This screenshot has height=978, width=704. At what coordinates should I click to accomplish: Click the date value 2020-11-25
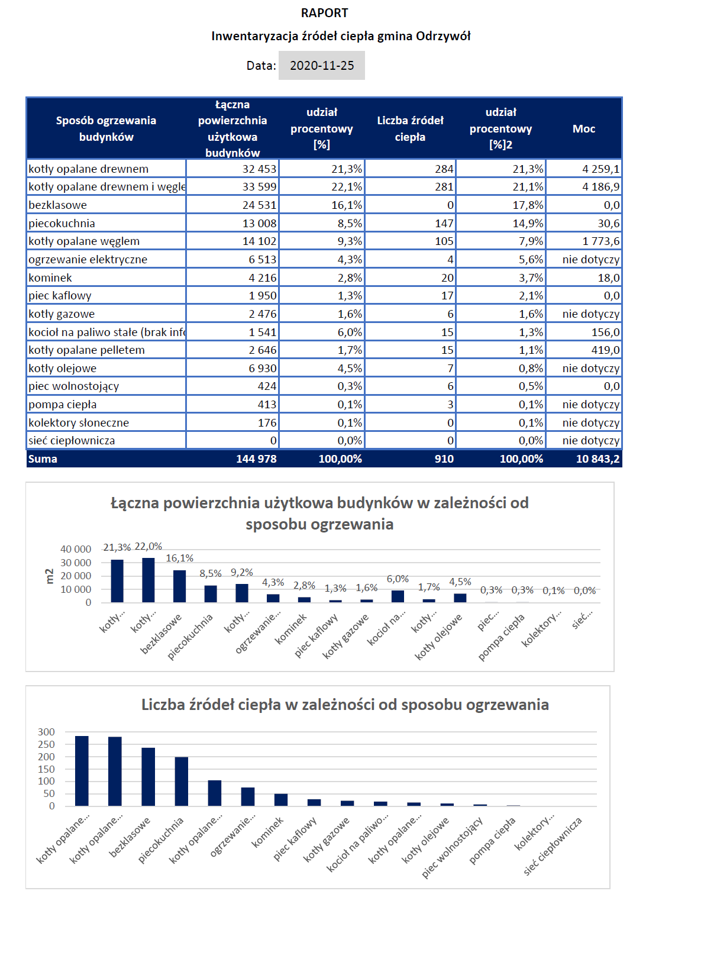[x=322, y=66]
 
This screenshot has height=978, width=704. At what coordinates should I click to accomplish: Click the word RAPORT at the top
[x=324, y=13]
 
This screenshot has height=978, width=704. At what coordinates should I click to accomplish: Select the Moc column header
[x=583, y=128]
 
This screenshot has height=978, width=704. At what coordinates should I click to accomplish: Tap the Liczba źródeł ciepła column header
[x=410, y=128]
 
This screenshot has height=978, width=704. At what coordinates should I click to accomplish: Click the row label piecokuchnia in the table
[x=62, y=223]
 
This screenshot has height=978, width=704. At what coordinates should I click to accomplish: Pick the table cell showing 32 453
[x=259, y=169]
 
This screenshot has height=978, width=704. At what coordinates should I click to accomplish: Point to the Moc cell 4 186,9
[x=600, y=187]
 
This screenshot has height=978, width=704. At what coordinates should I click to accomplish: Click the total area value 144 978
[x=256, y=459]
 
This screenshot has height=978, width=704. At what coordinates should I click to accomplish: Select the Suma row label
[x=43, y=459]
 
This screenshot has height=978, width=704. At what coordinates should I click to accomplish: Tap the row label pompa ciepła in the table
[x=62, y=405]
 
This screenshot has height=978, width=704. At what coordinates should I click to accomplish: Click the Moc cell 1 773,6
[x=600, y=241]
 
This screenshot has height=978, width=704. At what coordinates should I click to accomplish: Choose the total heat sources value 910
[x=444, y=459]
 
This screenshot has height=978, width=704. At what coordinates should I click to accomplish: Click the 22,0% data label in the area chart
[x=148, y=546]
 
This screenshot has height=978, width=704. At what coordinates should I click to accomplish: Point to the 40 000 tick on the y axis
[x=76, y=549]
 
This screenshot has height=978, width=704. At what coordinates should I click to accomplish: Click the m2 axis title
[x=49, y=576]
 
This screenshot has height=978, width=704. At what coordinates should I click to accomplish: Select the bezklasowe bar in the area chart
[x=179, y=586]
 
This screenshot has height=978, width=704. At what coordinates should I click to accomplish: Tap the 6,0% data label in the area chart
[x=398, y=579]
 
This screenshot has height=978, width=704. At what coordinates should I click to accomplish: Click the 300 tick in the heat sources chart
[x=46, y=732]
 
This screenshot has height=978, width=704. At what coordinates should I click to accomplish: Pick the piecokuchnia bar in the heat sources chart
[x=181, y=781]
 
